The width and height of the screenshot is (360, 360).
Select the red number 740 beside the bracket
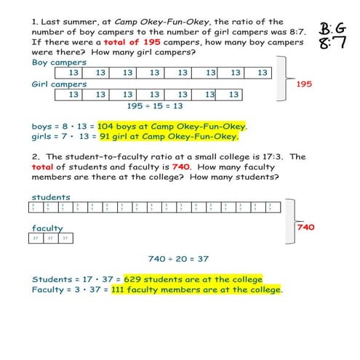tap(306, 227)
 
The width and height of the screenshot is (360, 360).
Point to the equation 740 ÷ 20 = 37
tap(178, 258)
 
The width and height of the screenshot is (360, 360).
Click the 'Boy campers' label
tap(59, 63)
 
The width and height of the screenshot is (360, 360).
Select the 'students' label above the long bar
tap(51, 197)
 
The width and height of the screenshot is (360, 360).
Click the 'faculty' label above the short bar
tap(47, 228)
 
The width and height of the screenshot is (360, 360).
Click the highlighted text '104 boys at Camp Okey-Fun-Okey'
tap(172, 125)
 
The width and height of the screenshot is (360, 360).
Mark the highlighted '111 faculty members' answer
tap(193, 289)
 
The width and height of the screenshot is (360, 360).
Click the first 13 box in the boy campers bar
tap(73, 73)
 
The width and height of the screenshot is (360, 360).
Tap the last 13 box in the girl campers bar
tap(231, 95)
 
